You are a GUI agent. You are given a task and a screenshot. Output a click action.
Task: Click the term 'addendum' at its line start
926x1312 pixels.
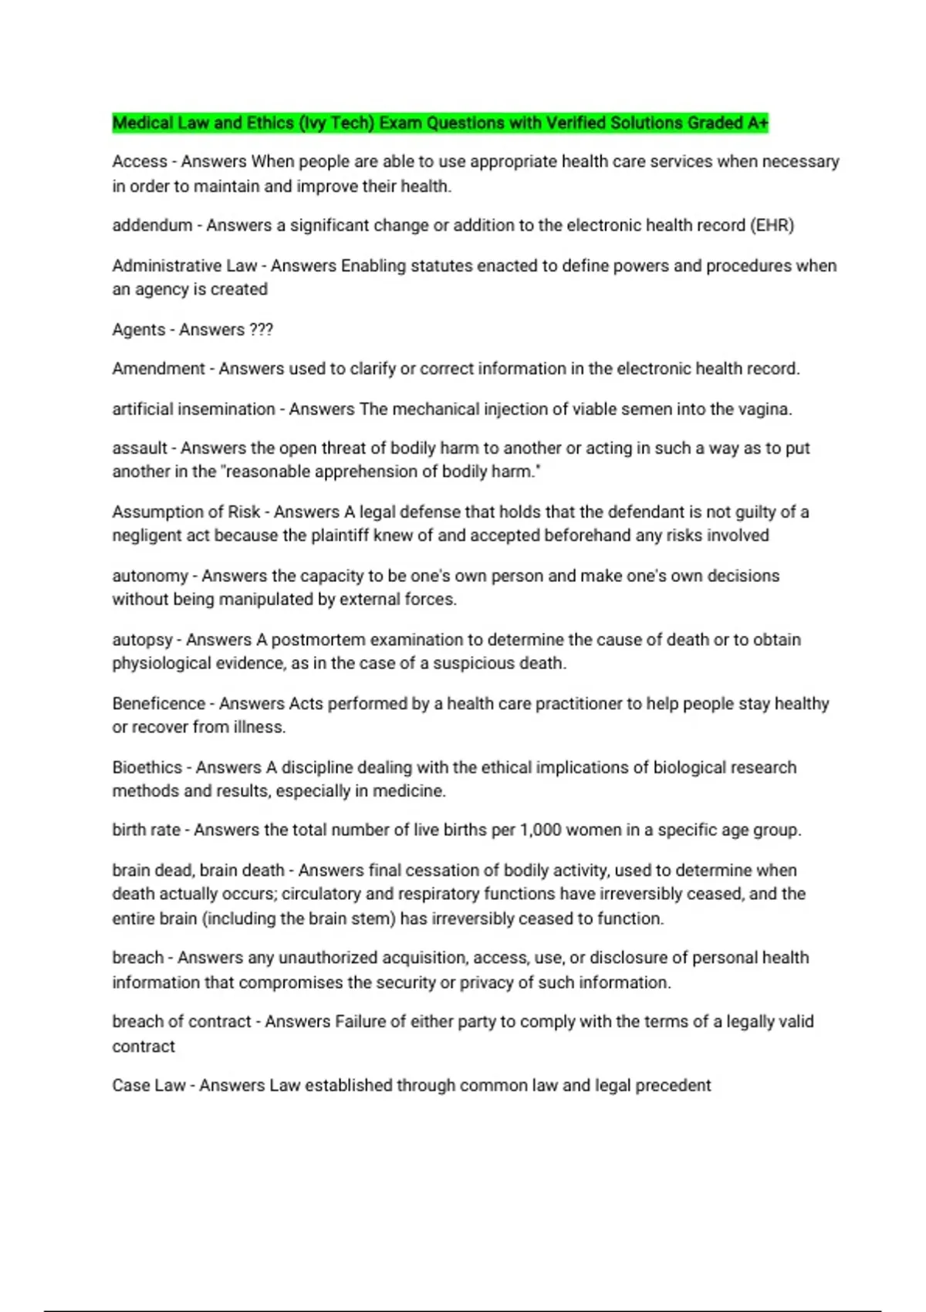click(152, 225)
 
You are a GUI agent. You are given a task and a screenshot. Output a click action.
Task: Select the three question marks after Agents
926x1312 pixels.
click(261, 330)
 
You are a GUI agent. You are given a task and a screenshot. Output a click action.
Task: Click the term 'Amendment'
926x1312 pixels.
click(158, 369)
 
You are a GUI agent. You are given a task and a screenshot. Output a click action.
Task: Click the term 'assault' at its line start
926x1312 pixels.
click(140, 448)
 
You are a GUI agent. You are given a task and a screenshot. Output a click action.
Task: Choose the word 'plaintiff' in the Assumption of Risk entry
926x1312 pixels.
click(340, 536)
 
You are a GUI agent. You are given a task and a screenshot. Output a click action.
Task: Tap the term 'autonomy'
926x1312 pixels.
click(150, 576)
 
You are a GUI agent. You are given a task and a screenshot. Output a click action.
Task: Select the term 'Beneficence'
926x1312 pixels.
click(158, 704)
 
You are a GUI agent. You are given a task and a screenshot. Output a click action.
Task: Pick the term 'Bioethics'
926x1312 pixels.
click(147, 768)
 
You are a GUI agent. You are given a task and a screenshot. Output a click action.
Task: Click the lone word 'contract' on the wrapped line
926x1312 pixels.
click(144, 1047)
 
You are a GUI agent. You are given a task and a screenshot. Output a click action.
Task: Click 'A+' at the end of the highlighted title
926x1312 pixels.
click(757, 123)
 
